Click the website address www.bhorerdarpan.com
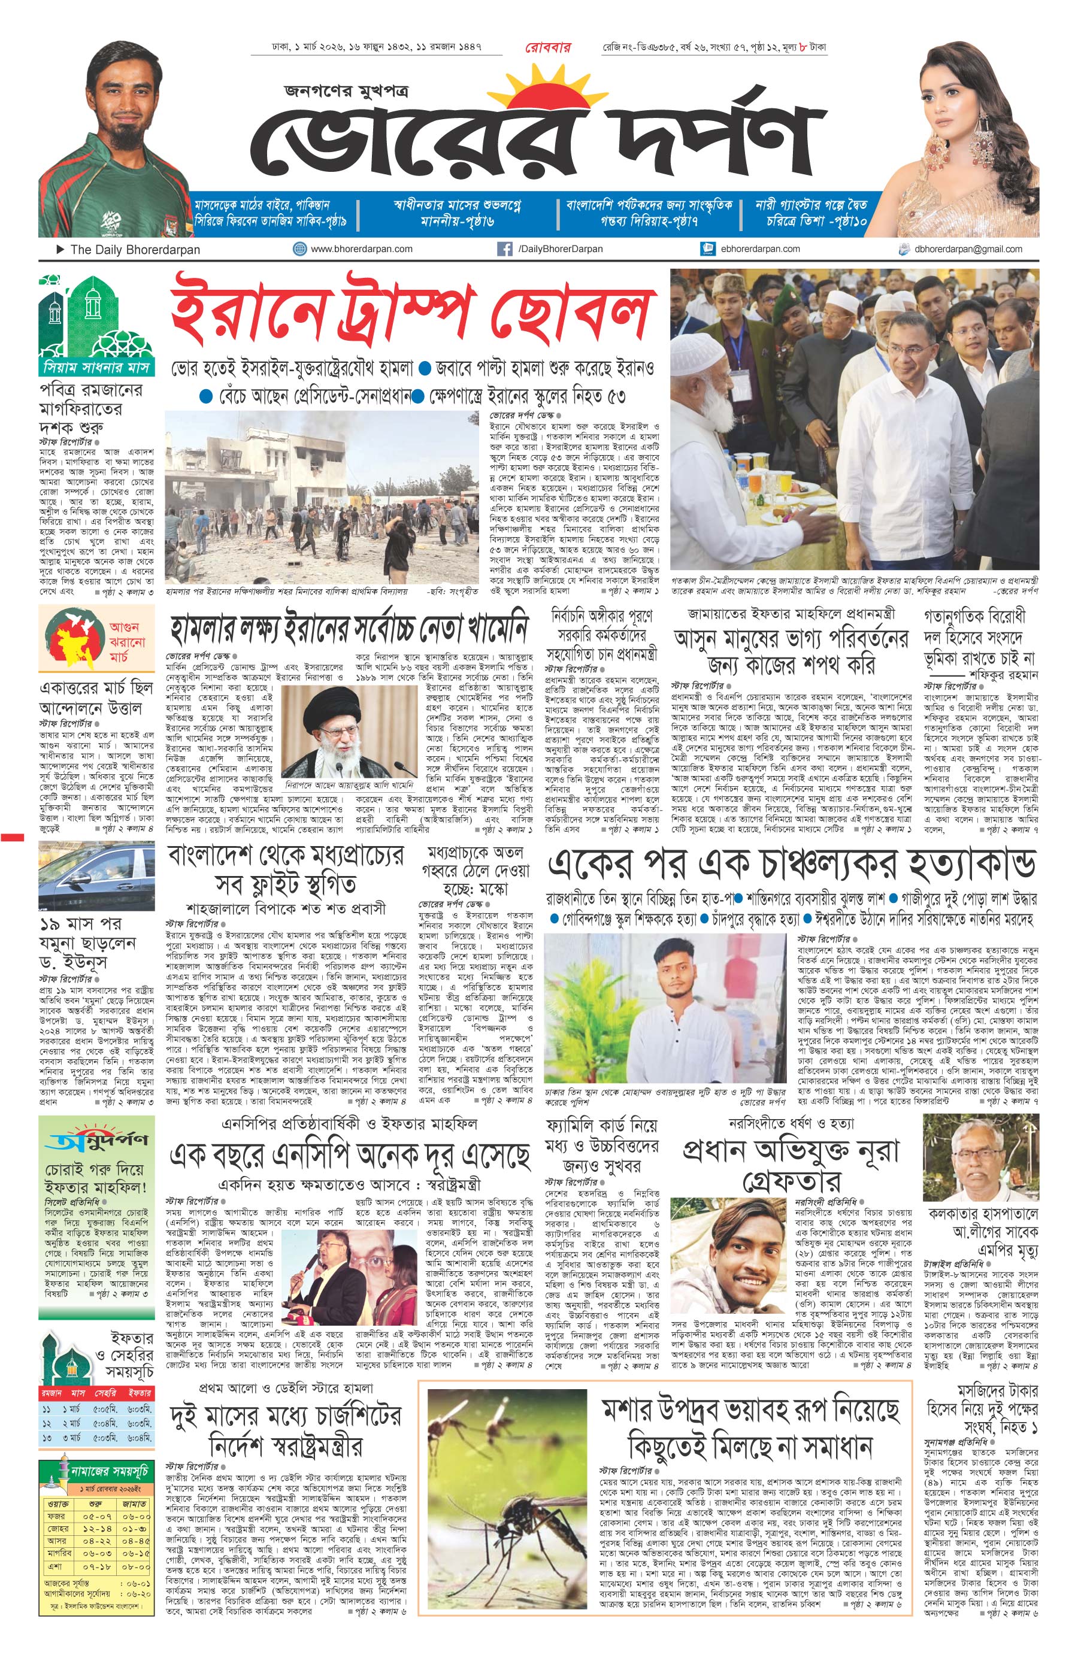tap(361, 248)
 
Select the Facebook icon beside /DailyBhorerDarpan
tap(504, 249)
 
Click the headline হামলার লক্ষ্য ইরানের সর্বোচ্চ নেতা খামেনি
tap(349, 629)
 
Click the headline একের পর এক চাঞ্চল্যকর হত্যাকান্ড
tap(792, 865)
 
